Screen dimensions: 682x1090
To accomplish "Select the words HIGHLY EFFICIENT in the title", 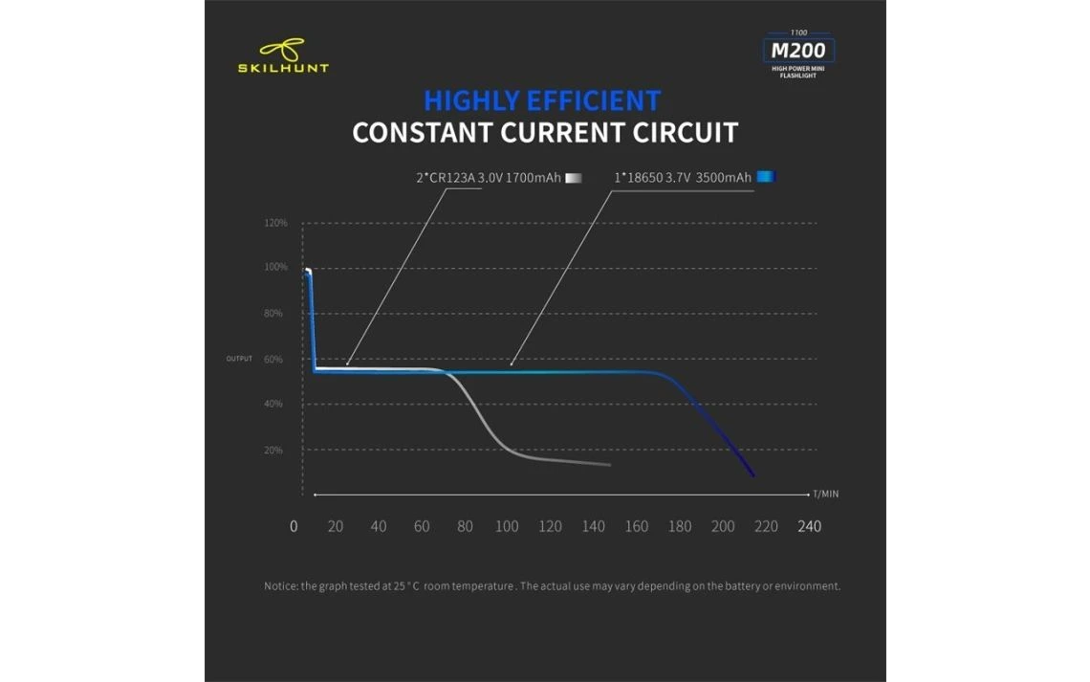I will (x=542, y=100).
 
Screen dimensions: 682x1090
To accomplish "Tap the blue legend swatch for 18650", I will (x=765, y=177).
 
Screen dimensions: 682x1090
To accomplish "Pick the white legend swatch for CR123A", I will (x=575, y=177).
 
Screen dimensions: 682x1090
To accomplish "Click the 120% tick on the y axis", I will (x=275, y=223).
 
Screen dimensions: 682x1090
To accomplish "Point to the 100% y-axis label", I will (x=275, y=268).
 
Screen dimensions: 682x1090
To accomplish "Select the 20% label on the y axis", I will (x=273, y=450).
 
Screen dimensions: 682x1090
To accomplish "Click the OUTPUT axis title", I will (x=239, y=359).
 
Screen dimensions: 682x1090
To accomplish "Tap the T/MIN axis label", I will (x=826, y=495).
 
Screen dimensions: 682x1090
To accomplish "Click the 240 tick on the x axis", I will (x=810, y=526).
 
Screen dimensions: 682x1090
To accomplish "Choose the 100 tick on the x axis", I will (x=507, y=526).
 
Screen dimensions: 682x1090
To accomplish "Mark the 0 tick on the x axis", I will (x=294, y=526).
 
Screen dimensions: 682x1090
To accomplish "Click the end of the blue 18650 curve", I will (x=753, y=474).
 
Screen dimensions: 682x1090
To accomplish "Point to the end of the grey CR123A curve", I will (x=609, y=465).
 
